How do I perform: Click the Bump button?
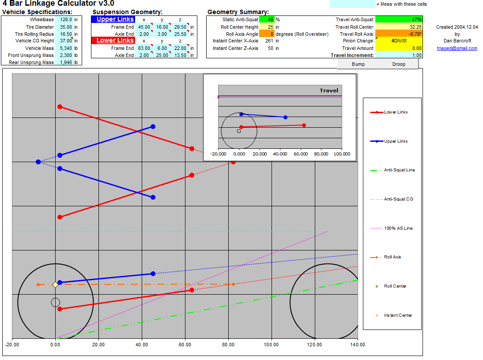click(358, 64)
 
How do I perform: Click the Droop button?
click(399, 64)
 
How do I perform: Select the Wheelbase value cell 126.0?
click(66, 19)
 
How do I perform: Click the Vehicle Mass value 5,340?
click(66, 48)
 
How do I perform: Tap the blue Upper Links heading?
click(115, 19)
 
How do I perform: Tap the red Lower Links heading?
click(115, 40)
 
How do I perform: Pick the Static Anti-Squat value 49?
click(267, 19)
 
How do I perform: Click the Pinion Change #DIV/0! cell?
click(399, 41)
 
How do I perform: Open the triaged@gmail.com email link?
click(457, 48)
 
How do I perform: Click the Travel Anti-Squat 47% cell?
click(399, 19)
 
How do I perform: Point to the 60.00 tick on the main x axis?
click(185, 345)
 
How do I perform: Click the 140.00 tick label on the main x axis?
click(358, 345)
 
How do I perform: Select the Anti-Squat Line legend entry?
click(392, 170)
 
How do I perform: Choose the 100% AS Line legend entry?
click(392, 228)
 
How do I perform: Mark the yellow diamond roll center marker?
click(55, 284)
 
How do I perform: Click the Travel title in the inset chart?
click(328, 91)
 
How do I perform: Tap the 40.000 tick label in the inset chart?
click(280, 154)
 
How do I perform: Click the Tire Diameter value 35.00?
click(66, 27)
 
